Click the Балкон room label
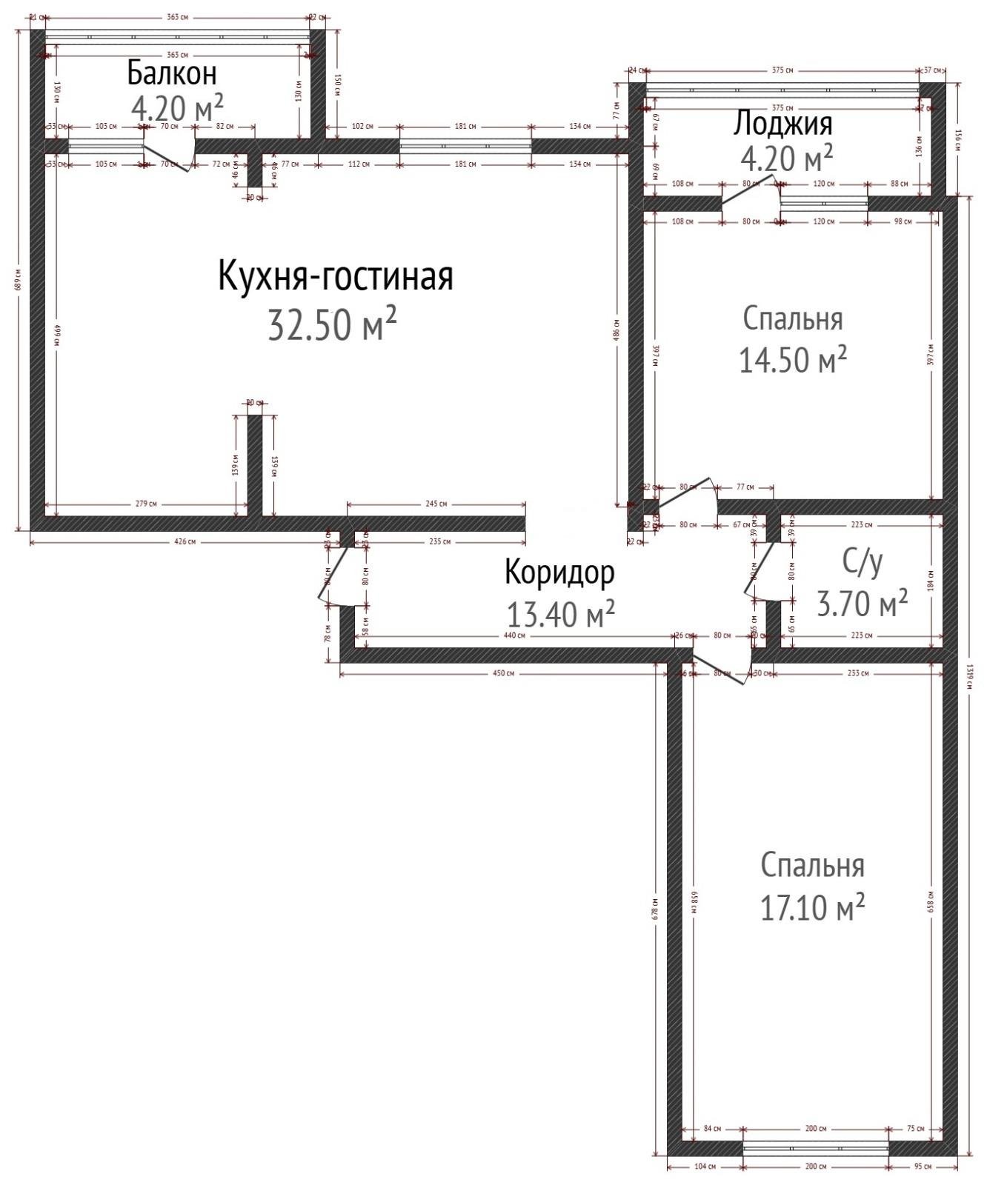pyautogui.click(x=172, y=73)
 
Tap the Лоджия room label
pyautogui.click(x=782, y=123)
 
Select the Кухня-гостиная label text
pyautogui.click(x=335, y=276)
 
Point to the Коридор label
pyautogui.click(x=559, y=573)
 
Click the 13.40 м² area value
pyautogui.click(x=560, y=613)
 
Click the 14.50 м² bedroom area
pyautogui.click(x=793, y=360)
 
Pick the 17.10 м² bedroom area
pyautogui.click(x=813, y=907)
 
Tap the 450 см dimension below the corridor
pyautogui.click(x=503, y=673)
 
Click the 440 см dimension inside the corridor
pyautogui.click(x=514, y=635)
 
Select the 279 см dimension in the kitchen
pyautogui.click(x=147, y=504)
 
